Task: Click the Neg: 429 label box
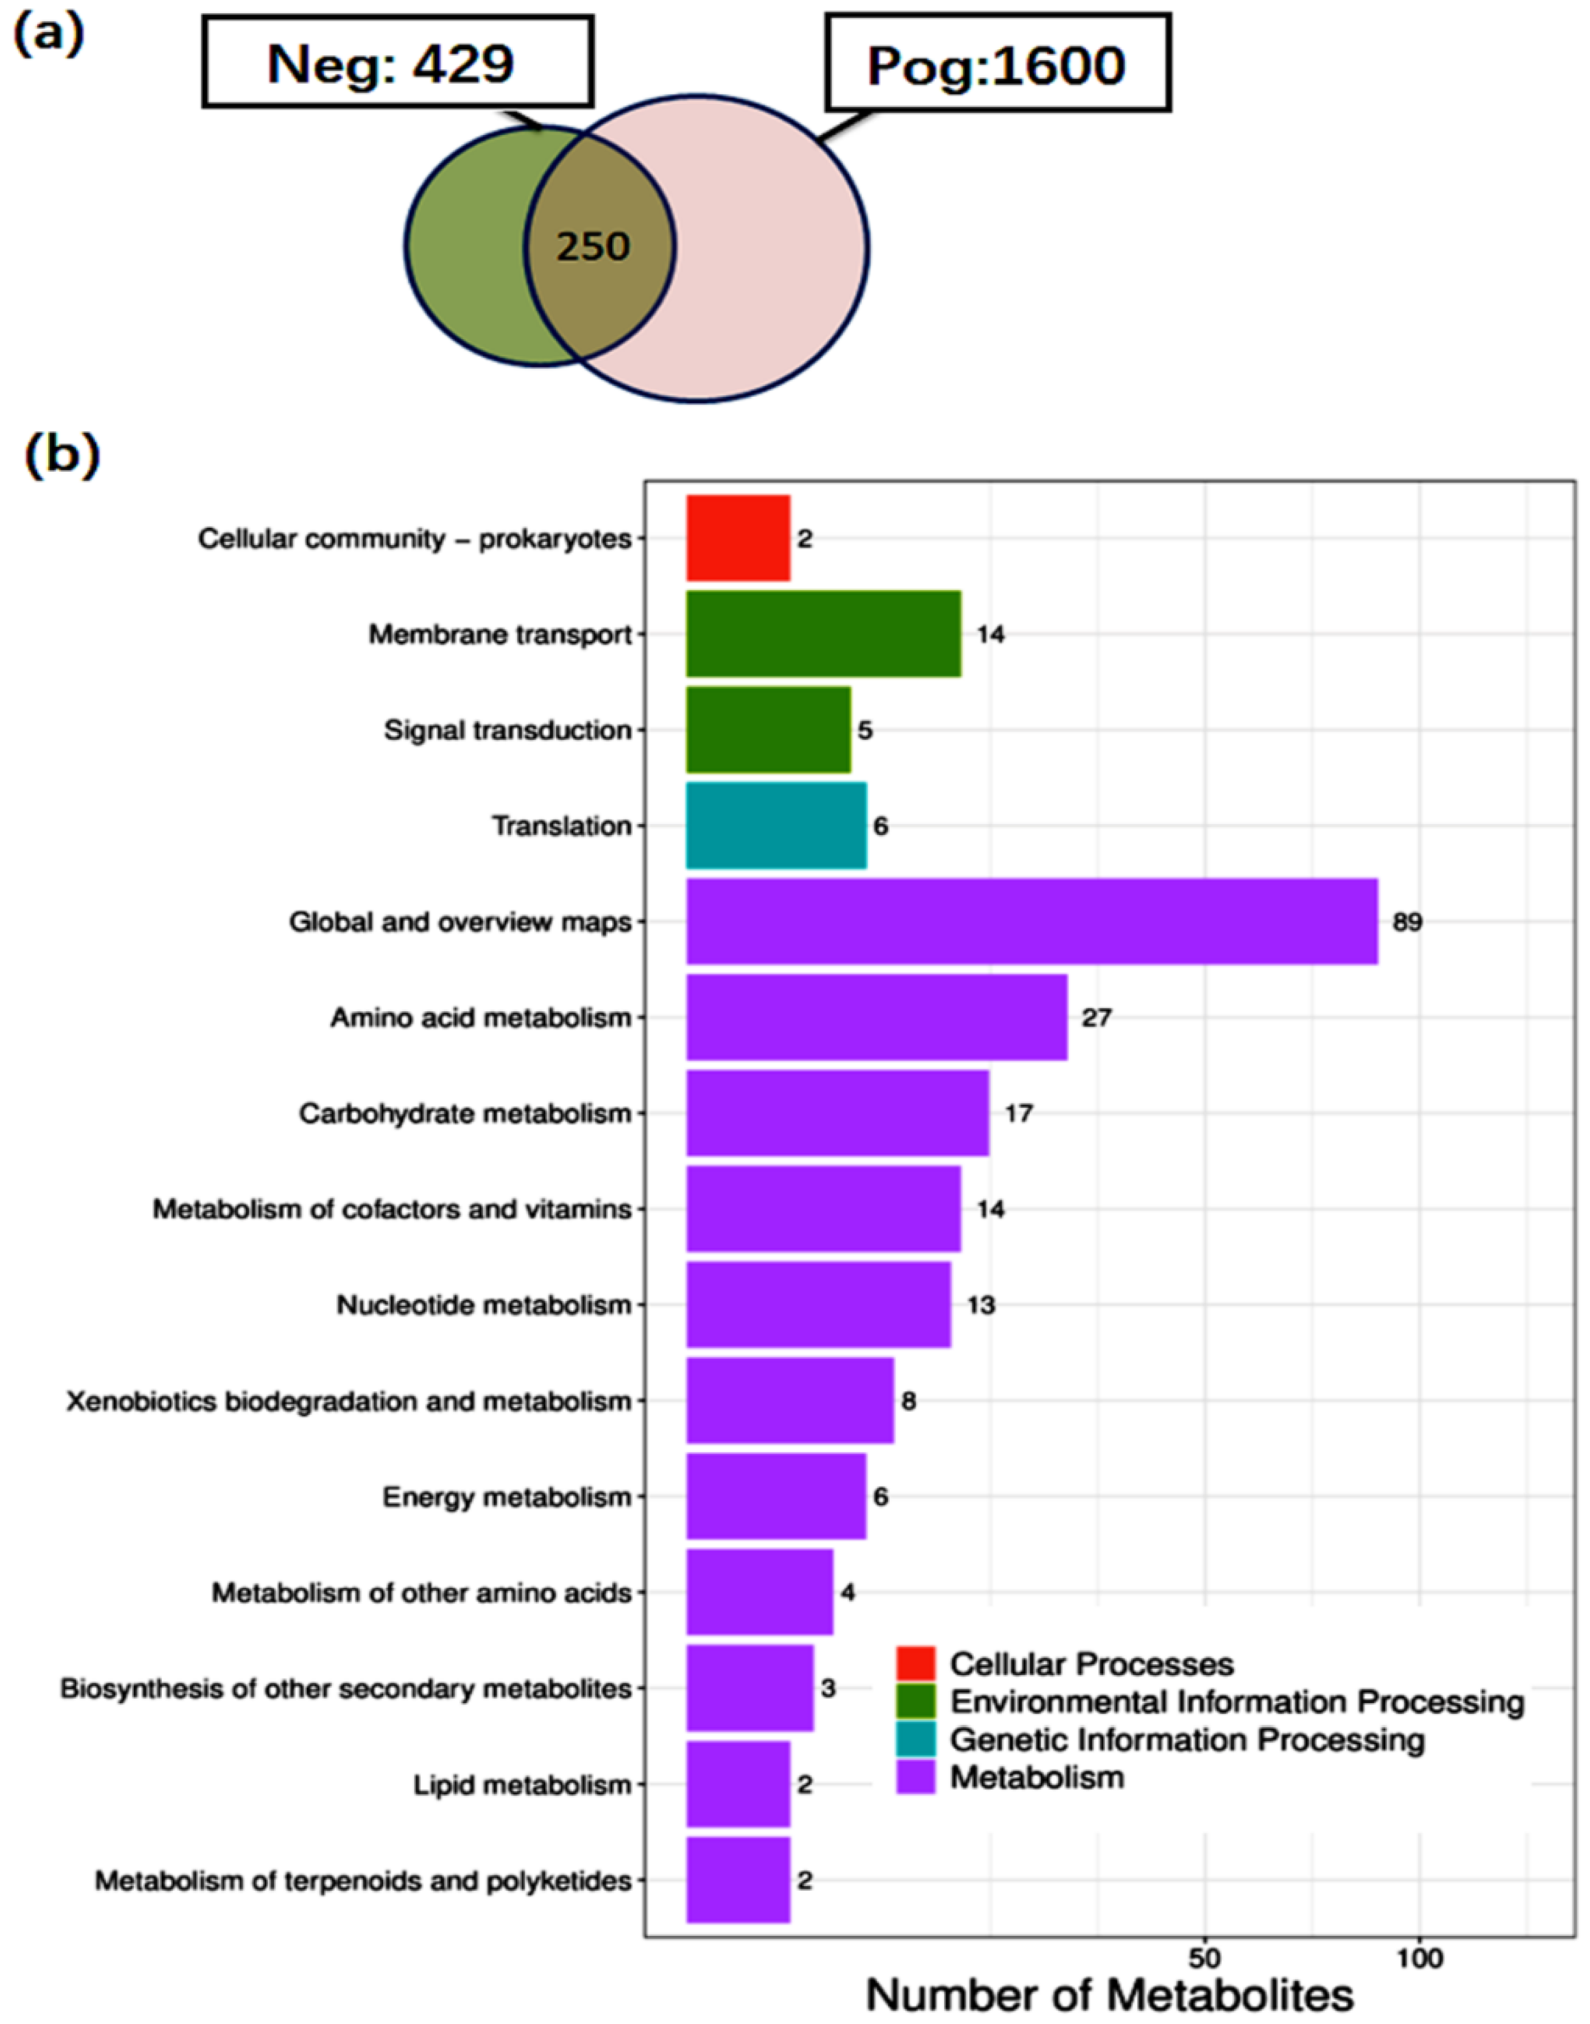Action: [x=396, y=62]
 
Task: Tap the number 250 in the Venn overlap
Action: [x=593, y=246]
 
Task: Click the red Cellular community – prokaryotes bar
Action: [x=737, y=538]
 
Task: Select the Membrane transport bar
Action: [x=823, y=634]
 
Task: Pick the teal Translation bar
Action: [x=775, y=825]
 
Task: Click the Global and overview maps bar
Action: [x=1032, y=921]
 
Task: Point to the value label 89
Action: [x=1406, y=922]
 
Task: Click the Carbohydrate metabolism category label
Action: [x=465, y=1114]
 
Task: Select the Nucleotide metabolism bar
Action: [x=818, y=1305]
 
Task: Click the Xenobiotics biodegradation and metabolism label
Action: [x=349, y=1401]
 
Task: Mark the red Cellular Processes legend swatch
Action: [x=915, y=1664]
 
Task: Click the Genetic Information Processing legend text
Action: [x=1187, y=1739]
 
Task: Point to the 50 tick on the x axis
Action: [x=1204, y=1955]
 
